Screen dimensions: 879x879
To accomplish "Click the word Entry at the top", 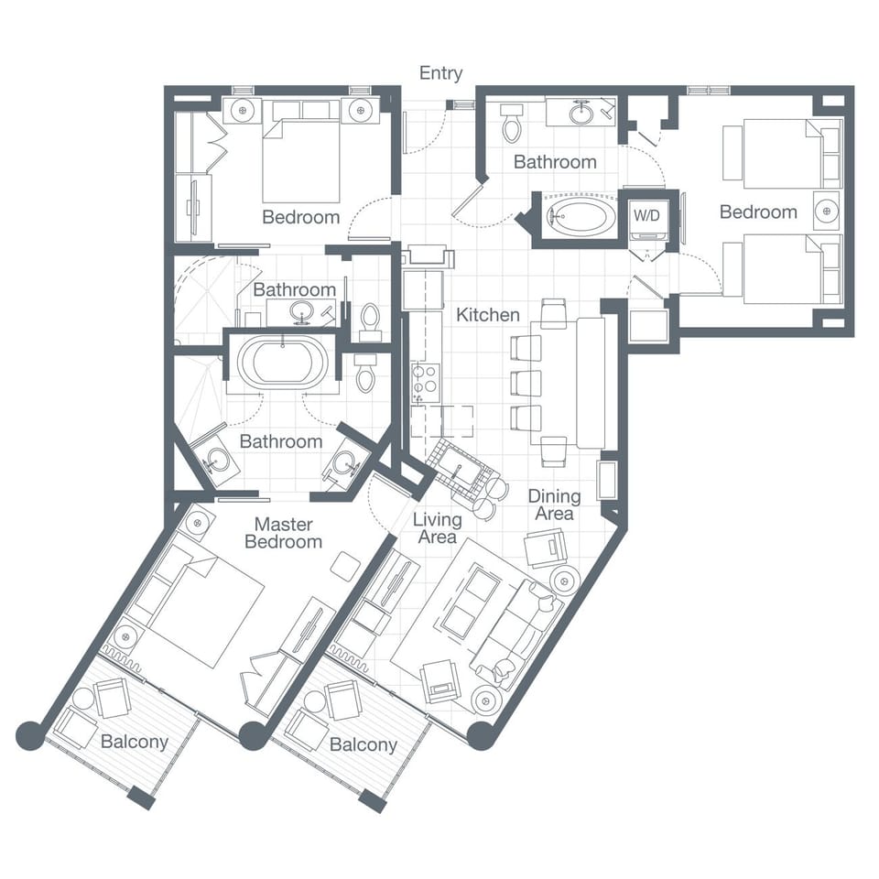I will pos(440,73).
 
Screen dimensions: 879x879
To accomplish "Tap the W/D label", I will pos(647,217).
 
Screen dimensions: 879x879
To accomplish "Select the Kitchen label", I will pos(488,315).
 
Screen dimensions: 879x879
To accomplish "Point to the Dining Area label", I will pos(554,505).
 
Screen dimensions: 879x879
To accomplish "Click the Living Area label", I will pos(437,528).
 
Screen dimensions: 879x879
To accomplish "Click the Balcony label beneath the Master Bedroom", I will pos(135,741).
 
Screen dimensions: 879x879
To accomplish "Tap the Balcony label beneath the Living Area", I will pos(364,744).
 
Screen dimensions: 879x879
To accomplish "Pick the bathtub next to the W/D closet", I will pos(581,218).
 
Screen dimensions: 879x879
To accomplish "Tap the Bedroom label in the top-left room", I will pos(300,217).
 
